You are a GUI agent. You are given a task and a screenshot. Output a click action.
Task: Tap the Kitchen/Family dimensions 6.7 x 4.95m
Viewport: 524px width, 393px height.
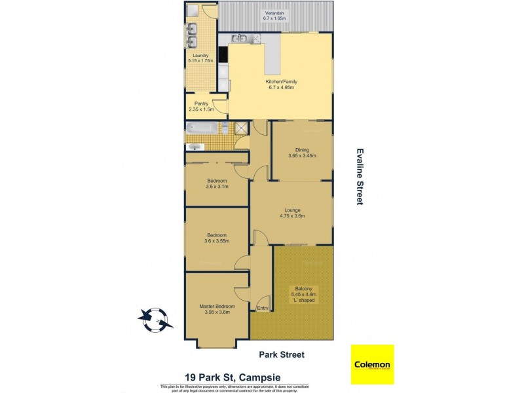pyautogui.click(x=280, y=87)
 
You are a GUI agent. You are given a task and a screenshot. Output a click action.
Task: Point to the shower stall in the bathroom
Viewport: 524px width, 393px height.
pyautogui.click(x=242, y=128)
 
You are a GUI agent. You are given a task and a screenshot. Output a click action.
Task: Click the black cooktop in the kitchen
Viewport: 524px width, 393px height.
pyautogui.click(x=223, y=56)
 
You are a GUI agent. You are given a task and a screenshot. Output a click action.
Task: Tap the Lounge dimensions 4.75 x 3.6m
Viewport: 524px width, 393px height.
pyautogui.click(x=291, y=215)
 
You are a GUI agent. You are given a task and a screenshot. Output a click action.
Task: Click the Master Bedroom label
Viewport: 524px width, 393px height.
pyautogui.click(x=217, y=306)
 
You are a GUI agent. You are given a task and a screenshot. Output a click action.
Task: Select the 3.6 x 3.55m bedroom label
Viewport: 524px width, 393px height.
pyautogui.click(x=217, y=240)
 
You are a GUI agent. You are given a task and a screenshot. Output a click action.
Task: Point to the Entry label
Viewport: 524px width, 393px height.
pyautogui.click(x=263, y=309)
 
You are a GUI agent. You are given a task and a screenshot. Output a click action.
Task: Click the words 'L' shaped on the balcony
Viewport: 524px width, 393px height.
pyautogui.click(x=305, y=300)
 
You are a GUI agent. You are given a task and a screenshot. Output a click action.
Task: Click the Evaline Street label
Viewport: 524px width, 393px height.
pyautogui.click(x=359, y=176)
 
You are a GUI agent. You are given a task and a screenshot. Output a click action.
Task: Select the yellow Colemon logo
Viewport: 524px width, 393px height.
pyautogui.click(x=372, y=364)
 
